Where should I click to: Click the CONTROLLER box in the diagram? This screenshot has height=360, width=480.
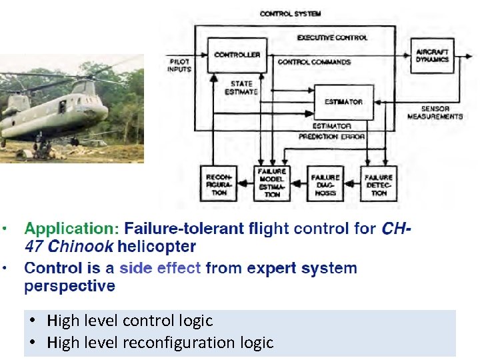(237, 53)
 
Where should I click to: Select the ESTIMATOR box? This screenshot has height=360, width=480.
(343, 101)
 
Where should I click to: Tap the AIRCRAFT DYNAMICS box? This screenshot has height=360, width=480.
(433, 56)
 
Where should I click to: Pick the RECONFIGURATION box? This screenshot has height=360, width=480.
(219, 183)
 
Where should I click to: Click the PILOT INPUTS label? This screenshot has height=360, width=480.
(179, 65)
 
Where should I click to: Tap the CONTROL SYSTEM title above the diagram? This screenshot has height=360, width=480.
(290, 13)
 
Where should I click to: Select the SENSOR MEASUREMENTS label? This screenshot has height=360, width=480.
(435, 112)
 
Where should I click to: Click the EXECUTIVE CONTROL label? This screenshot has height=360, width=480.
(332, 38)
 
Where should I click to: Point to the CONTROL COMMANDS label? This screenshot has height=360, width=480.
(314, 63)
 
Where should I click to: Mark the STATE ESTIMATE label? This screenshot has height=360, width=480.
(242, 87)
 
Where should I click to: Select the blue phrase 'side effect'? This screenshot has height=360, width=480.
(161, 269)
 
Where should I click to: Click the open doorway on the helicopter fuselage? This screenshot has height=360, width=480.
(61, 107)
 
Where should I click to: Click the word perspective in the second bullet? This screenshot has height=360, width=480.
(69, 286)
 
